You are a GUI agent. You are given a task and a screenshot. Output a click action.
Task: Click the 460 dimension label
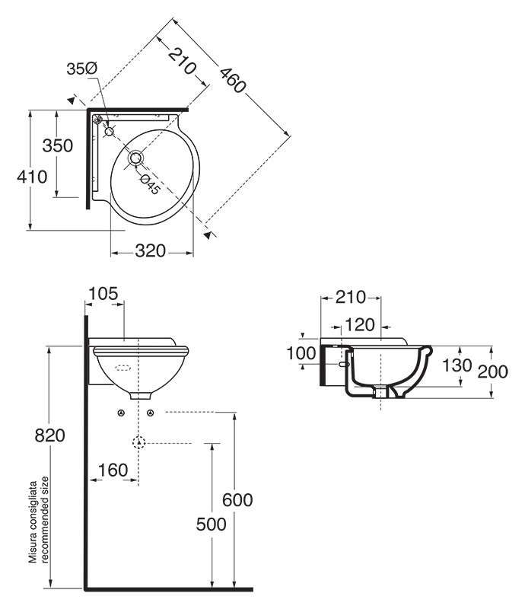pos(233,81)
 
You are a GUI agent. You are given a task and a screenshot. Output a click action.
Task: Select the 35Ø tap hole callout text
pos(82,69)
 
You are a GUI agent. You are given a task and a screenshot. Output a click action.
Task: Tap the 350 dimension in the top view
pos(58,145)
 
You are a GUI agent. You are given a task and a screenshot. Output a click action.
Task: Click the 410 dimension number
pos(32,177)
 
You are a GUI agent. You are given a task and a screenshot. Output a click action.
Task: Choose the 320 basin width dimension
pos(151,251)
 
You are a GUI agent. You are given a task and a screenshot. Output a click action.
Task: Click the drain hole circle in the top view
pos(135,158)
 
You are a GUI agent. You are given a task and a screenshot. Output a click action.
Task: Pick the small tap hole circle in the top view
pos(109,132)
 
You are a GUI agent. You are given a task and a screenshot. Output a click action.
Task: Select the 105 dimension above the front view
pos(103,294)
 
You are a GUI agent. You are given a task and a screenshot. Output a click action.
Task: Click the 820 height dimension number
pos(49,435)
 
